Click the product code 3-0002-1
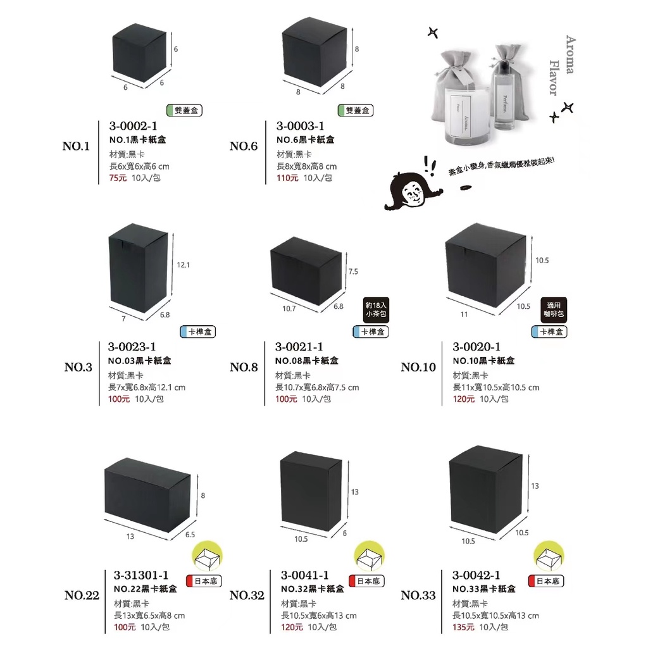[x=133, y=127]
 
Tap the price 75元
[x=118, y=178]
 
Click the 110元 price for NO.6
[x=288, y=178]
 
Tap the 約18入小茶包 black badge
[x=377, y=309]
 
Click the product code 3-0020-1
[x=477, y=347]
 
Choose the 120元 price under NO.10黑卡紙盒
[x=464, y=399]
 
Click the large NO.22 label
[x=82, y=595]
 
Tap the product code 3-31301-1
[x=141, y=575]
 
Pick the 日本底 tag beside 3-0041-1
[x=365, y=580]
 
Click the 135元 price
[x=464, y=627]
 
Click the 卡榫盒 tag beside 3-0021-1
[x=371, y=332]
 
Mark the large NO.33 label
[x=418, y=595]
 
